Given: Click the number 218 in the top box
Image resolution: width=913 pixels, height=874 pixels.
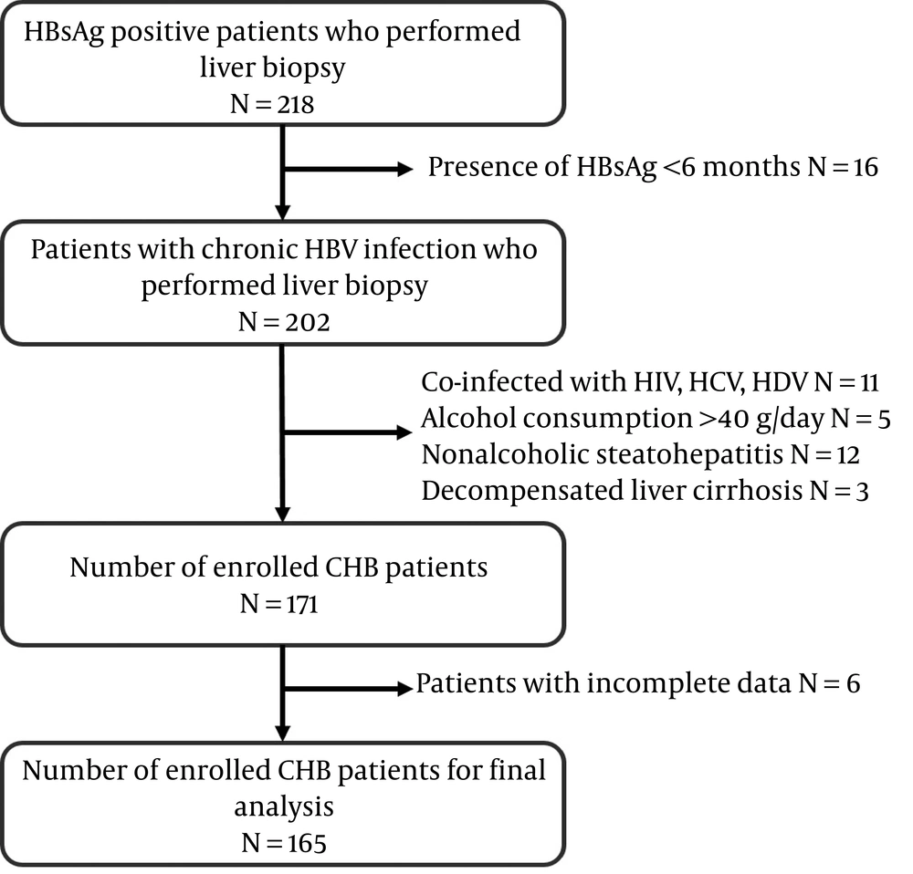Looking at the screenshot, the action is pyautogui.click(x=295, y=105).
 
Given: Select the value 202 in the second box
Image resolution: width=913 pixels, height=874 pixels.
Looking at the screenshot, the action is pyautogui.click(x=307, y=322).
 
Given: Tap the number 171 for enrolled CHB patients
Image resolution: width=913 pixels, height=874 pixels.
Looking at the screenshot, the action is pyautogui.click(x=302, y=605).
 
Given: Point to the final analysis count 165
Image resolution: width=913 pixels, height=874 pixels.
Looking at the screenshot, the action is pyautogui.click(x=307, y=844).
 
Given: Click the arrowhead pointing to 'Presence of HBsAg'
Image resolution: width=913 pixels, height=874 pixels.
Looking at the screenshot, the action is pyautogui.click(x=404, y=170).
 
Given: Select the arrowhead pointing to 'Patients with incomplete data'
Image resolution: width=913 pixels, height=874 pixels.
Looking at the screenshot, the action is pyautogui.click(x=404, y=689).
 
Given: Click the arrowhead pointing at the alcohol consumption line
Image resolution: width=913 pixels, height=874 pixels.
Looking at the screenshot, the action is pyautogui.click(x=404, y=432).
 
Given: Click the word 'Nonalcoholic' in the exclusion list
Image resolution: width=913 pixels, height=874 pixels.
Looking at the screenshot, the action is pyautogui.click(x=506, y=454).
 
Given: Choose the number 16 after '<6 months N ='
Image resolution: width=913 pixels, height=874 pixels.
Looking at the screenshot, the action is pyautogui.click(x=866, y=168).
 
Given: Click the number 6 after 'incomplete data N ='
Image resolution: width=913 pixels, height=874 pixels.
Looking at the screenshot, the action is pyautogui.click(x=853, y=683).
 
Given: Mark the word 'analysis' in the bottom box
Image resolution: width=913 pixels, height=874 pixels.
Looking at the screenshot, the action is pyautogui.click(x=284, y=807).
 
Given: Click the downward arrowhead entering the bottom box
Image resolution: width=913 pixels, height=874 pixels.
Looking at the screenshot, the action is pyautogui.click(x=282, y=734).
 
